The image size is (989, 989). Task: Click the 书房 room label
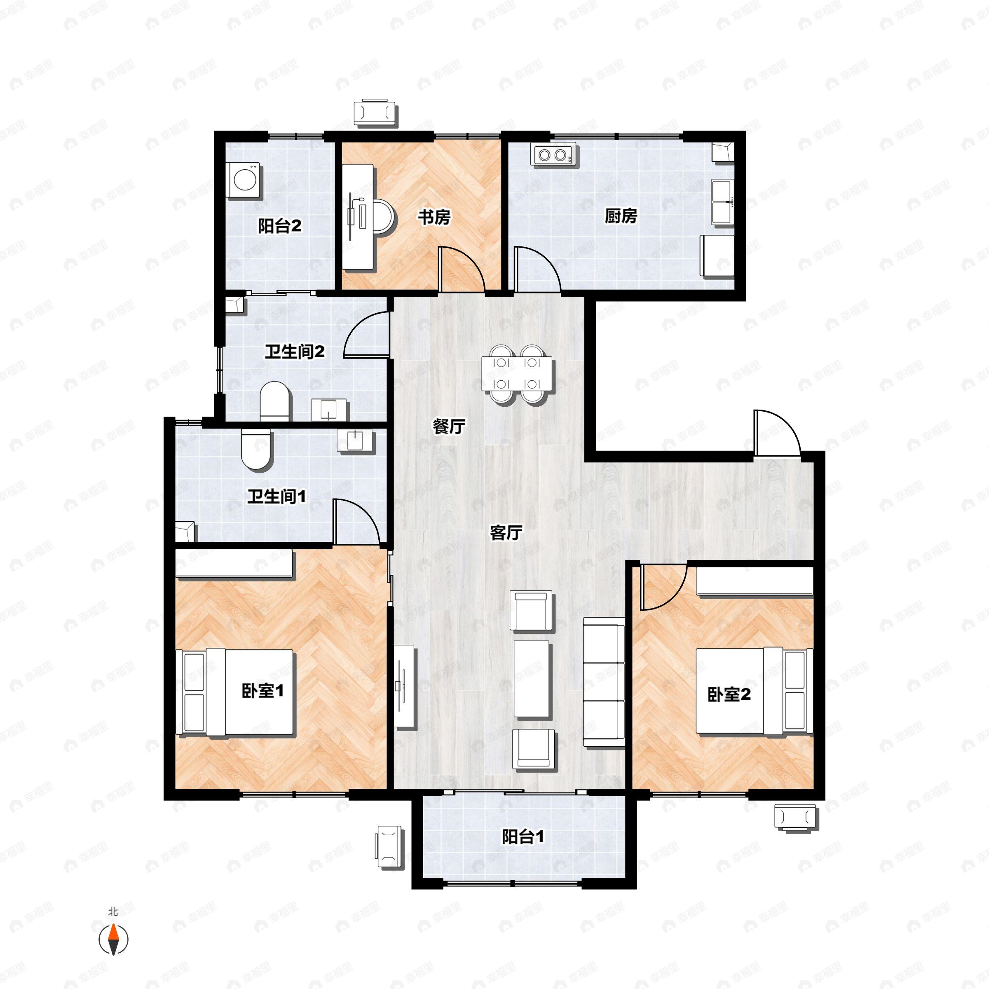pos(434,217)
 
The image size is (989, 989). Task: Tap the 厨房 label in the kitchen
pos(621,216)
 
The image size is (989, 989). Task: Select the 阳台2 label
pos(279,226)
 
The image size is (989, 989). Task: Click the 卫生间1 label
pos(277,496)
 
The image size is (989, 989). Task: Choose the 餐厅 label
pos(449,426)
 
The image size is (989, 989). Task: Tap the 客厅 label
pos(506,533)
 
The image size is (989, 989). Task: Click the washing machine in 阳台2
pos(244,180)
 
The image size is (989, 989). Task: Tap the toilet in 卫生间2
pos(275,401)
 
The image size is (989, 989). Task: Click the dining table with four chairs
pos(518,374)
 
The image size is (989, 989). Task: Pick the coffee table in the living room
pos(532,678)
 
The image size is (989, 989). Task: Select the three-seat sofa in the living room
pos(604,681)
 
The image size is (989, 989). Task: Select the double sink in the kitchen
pos(722,202)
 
